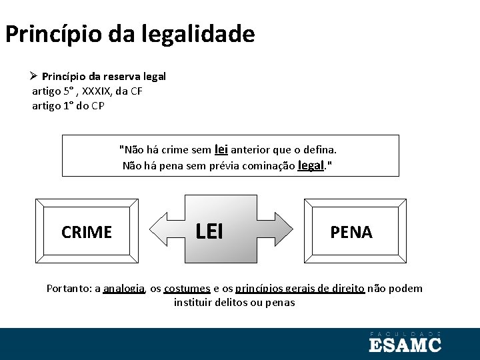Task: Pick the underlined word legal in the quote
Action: tap(310, 165)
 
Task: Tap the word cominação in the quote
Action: tap(270, 166)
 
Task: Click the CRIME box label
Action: tap(87, 232)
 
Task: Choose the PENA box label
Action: tap(351, 232)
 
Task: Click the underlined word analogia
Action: tap(125, 289)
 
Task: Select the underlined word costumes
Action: tap(187, 289)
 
